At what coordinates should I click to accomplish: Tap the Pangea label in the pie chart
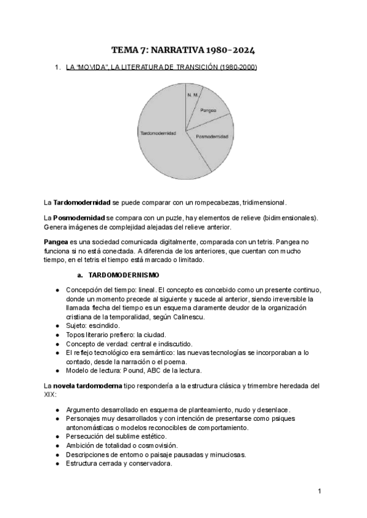[x=209, y=110]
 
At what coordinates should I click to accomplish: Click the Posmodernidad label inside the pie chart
[x=212, y=137]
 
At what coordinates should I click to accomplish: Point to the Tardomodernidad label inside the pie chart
[x=158, y=132]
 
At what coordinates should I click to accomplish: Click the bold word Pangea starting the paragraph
[x=56, y=242]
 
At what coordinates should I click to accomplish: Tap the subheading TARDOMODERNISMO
[x=124, y=274]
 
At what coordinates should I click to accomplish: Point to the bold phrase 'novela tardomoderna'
[x=88, y=386]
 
